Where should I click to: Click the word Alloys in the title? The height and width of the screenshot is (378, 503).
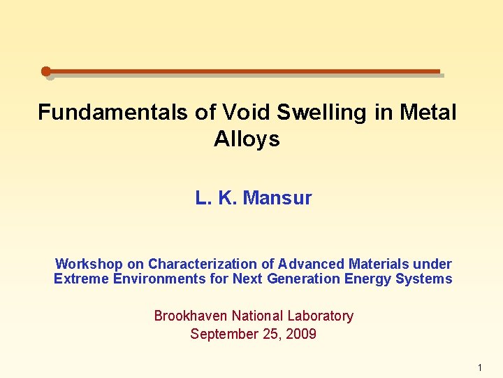click(x=247, y=139)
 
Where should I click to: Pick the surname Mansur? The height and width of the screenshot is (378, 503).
click(x=277, y=198)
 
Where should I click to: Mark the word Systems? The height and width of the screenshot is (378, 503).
click(x=424, y=279)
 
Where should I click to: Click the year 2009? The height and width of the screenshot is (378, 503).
click(x=300, y=334)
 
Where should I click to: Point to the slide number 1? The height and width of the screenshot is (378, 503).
click(x=480, y=367)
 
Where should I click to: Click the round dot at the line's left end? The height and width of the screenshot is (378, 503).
click(x=46, y=71)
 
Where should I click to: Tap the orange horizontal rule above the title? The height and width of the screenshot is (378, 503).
click(x=245, y=71)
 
